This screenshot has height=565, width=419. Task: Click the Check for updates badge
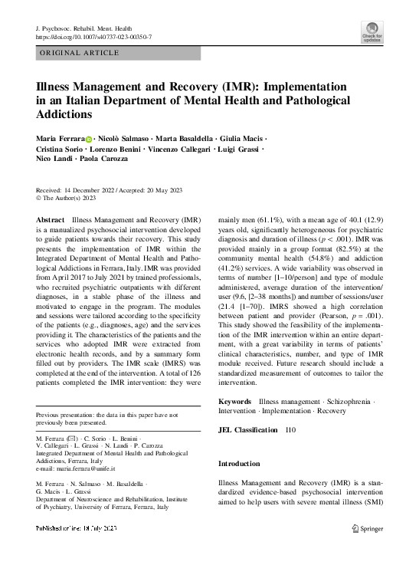(x=372, y=33)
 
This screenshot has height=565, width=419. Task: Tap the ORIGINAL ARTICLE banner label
(x=80, y=53)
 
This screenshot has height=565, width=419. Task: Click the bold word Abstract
(x=51, y=219)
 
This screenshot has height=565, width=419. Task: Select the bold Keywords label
(x=235, y=402)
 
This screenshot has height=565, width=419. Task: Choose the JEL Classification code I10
(x=291, y=430)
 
